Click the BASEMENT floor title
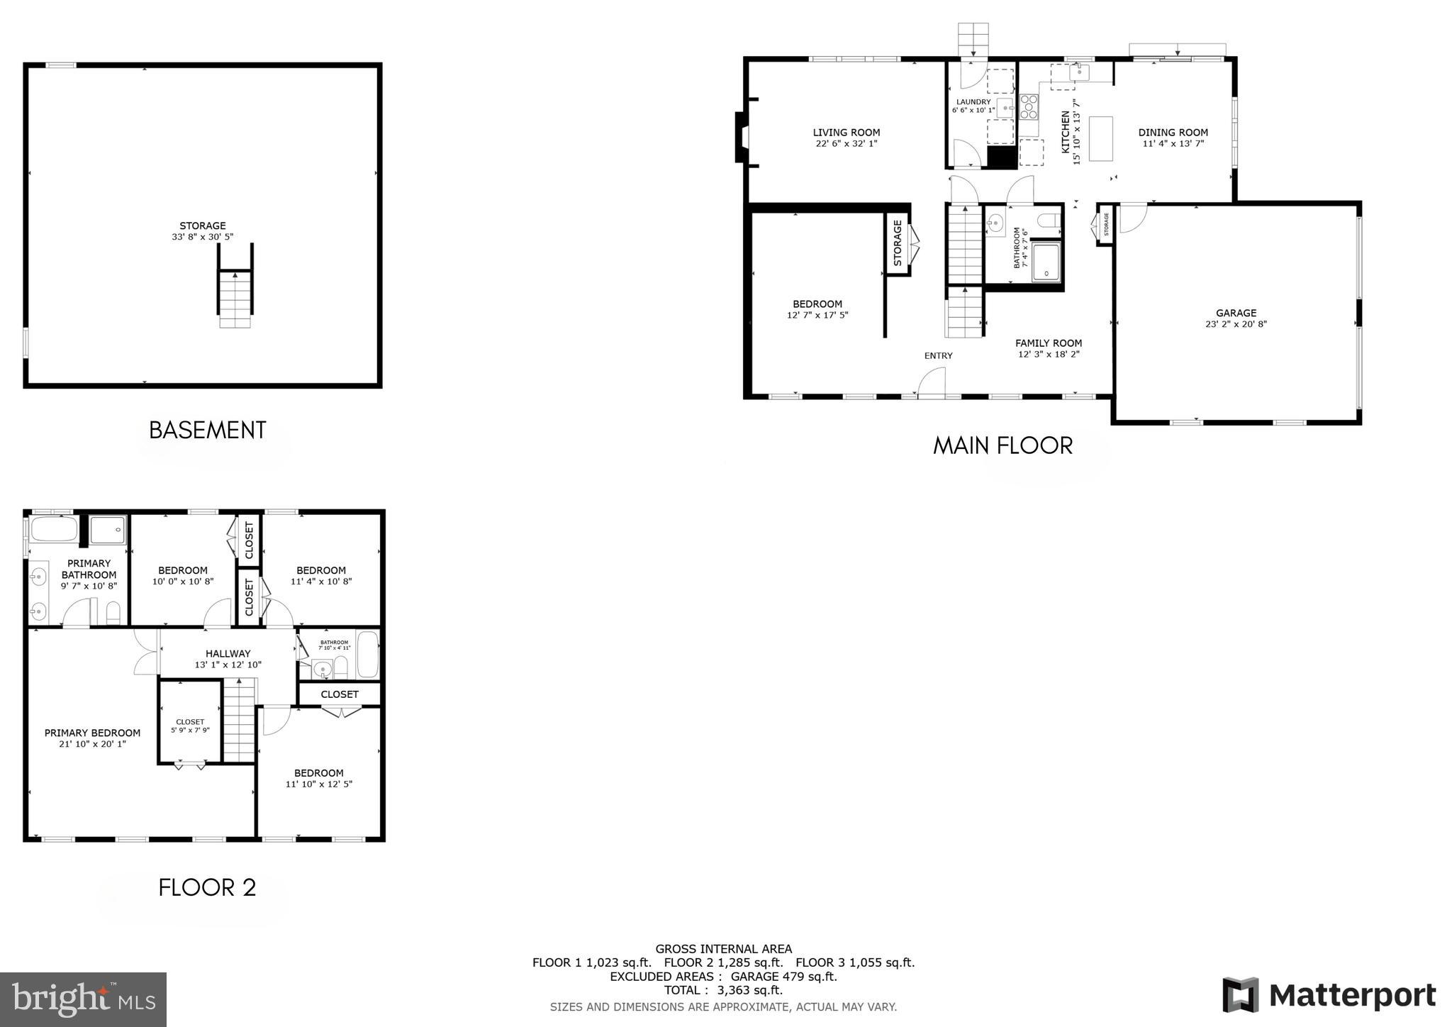coord(207,430)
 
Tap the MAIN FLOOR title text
coord(1003,445)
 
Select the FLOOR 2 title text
coord(207,887)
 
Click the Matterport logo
coord(1329,995)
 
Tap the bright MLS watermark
coord(83,999)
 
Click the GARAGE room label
coord(1236,313)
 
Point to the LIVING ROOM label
coord(846,133)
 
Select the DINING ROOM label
coord(1173,133)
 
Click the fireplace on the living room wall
coord(742,137)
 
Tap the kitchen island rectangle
coord(1100,139)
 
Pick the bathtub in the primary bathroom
coord(54,529)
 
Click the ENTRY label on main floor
coord(938,355)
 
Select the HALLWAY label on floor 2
coord(228,653)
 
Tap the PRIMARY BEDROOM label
coord(92,733)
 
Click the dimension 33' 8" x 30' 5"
coord(202,237)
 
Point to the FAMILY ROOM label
coord(1048,343)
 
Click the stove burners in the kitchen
coord(1029,106)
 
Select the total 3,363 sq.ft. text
coord(723,990)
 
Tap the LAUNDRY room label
coord(973,102)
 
